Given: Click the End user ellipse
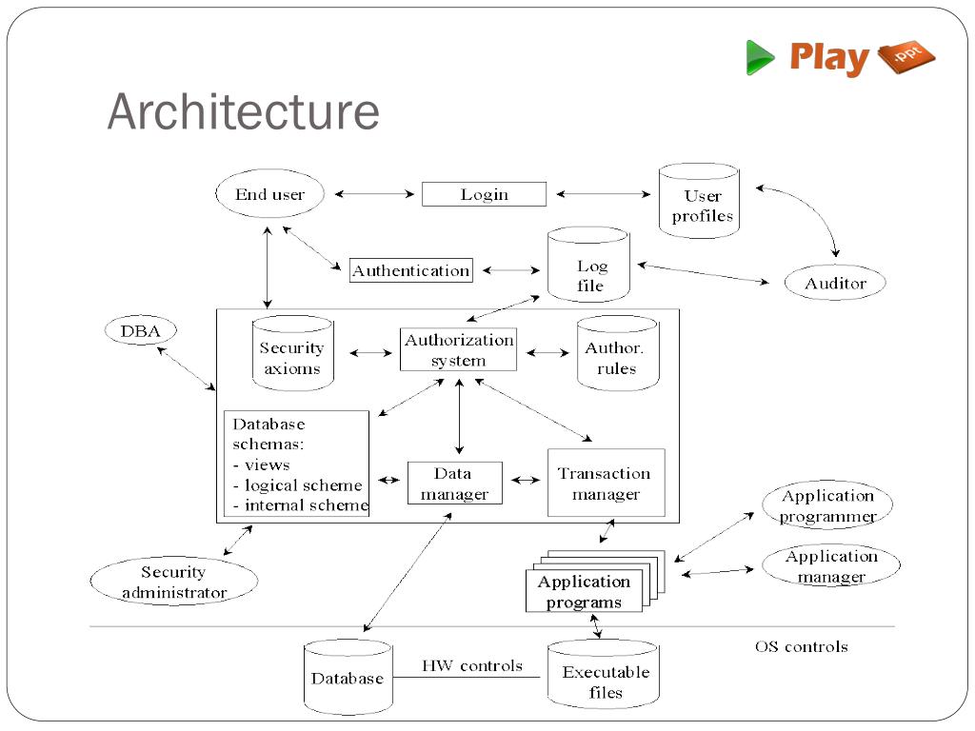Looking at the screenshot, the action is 269,193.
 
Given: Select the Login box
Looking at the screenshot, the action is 484,194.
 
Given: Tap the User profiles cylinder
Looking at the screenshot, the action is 699,201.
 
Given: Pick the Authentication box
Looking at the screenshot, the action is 411,270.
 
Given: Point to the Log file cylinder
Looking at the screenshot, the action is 588,265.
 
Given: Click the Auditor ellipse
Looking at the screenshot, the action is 835,283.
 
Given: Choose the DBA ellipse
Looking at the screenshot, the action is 141,330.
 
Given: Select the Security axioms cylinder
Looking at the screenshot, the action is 293,353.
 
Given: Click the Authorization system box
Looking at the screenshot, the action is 458,349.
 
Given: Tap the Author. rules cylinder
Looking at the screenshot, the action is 617,353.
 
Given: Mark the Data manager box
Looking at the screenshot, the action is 454,483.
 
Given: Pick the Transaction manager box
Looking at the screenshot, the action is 607,483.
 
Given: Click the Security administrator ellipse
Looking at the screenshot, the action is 174,581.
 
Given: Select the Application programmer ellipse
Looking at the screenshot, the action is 827,504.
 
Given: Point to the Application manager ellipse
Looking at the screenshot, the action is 831,565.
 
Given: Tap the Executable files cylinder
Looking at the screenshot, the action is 603,675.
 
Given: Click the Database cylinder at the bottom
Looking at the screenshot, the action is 348,677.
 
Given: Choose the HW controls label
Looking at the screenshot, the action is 472,665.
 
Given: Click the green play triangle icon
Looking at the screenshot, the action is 760,57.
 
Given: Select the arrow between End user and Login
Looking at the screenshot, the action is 374,194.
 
